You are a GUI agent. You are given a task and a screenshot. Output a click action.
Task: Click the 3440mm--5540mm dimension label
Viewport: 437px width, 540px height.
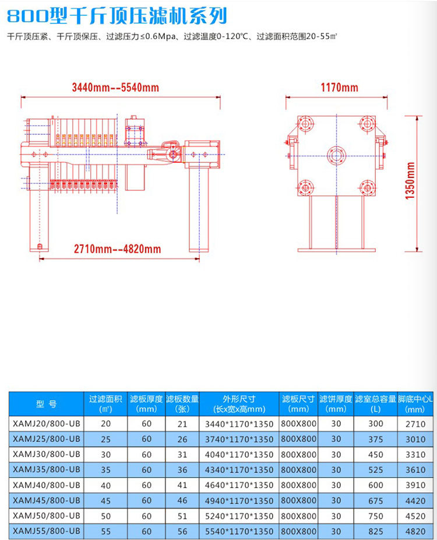pos(115,88)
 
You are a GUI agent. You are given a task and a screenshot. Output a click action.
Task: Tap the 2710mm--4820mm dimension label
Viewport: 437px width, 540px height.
pos(117,249)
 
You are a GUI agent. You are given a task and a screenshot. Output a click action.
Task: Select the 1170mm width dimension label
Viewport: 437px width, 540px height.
pos(339,88)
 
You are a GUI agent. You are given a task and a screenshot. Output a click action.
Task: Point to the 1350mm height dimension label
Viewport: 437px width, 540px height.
pos(410,181)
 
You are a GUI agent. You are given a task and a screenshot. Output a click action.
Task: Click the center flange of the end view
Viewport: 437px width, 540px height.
pos(336,156)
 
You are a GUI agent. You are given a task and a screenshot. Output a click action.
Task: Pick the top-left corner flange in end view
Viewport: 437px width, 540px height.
pos(305,124)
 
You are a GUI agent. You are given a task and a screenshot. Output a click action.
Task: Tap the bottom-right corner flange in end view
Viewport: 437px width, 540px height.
pos(367,188)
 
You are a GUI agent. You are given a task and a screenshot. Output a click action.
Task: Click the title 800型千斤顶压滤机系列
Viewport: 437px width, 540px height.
pos(117,16)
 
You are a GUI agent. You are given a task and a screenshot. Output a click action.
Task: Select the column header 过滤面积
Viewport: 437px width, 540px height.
pos(105,399)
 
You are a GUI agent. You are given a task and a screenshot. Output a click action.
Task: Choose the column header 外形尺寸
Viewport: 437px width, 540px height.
pos(239,399)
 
